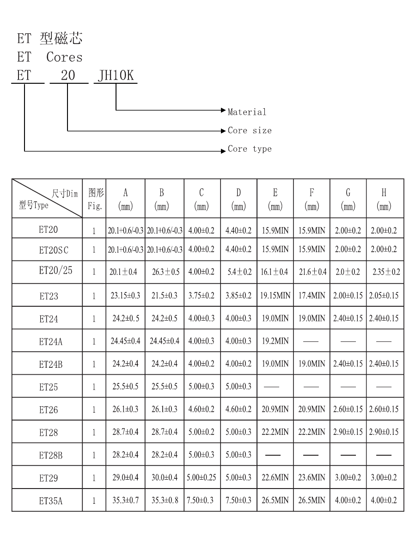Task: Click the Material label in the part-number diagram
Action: tap(247, 112)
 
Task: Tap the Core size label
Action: tap(250, 130)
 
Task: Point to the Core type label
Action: tap(250, 149)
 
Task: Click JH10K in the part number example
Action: tap(116, 75)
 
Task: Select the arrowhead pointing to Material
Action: tap(223, 111)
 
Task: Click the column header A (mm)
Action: tap(125, 199)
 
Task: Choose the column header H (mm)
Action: tap(384, 199)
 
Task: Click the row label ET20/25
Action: tap(55, 270)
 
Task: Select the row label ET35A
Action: tap(50, 501)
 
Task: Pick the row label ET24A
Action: tap(50, 341)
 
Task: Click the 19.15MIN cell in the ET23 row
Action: tap(275, 296)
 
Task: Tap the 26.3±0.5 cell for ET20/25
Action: tap(165, 272)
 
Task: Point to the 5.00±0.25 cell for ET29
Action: tap(202, 477)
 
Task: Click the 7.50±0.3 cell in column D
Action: tap(239, 500)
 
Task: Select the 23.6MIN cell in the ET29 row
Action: tap(312, 477)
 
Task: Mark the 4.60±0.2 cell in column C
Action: tap(201, 409)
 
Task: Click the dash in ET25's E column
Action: tap(272, 387)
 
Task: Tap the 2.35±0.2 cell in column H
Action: tap(386, 272)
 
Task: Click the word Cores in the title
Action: tap(64, 57)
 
